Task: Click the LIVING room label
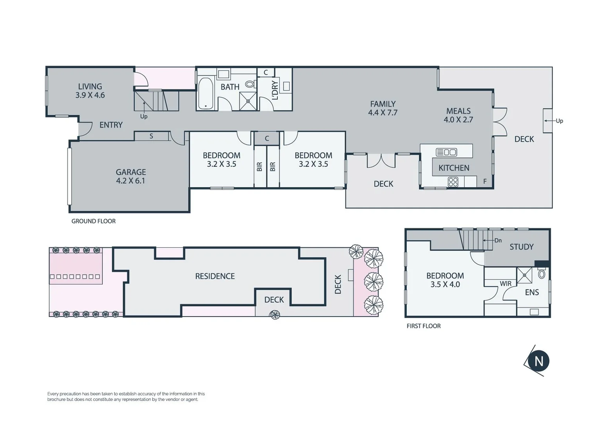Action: pos(90,86)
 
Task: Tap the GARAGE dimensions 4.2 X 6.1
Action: pos(130,181)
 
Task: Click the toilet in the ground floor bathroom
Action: pos(249,84)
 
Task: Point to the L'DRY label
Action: pos(275,90)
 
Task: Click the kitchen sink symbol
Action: pos(446,152)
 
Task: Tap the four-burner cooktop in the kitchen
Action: pos(453,182)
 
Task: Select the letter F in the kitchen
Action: pos(485,181)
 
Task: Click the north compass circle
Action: pos(538,361)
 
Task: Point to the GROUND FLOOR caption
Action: pos(93,221)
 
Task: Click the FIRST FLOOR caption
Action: pos(424,326)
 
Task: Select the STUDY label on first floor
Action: pos(521,247)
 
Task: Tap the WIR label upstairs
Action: pos(506,284)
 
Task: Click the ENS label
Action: pos(532,292)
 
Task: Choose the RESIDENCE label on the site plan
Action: pos(215,276)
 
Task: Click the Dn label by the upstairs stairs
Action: pos(498,240)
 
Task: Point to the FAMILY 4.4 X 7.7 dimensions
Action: pos(383,113)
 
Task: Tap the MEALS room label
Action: pos(458,111)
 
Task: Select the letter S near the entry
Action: pos(151,136)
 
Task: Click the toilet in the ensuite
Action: pos(542,274)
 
